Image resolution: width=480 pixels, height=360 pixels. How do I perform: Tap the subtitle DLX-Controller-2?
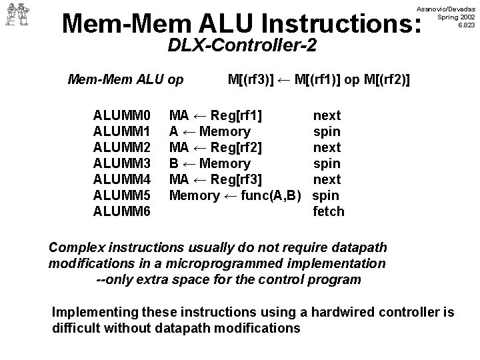242,46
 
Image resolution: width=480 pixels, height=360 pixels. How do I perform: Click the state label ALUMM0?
123,115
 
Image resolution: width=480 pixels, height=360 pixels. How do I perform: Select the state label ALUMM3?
123,163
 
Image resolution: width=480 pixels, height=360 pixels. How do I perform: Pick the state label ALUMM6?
123,211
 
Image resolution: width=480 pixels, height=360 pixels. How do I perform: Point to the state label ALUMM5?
123,195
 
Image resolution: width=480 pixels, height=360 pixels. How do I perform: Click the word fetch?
329,211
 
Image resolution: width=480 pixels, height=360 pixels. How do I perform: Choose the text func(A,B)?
271,195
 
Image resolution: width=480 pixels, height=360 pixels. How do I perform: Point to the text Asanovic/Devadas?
446,7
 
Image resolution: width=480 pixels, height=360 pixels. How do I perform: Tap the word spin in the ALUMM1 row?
327,131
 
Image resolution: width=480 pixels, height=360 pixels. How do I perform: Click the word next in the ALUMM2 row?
327,147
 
